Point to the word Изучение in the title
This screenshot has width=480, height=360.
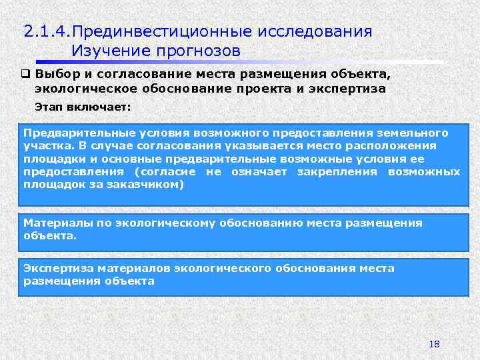(109, 51)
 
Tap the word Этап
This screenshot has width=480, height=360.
(49, 106)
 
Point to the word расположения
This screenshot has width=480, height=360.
(397, 146)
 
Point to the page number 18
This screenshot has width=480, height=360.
(435, 344)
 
